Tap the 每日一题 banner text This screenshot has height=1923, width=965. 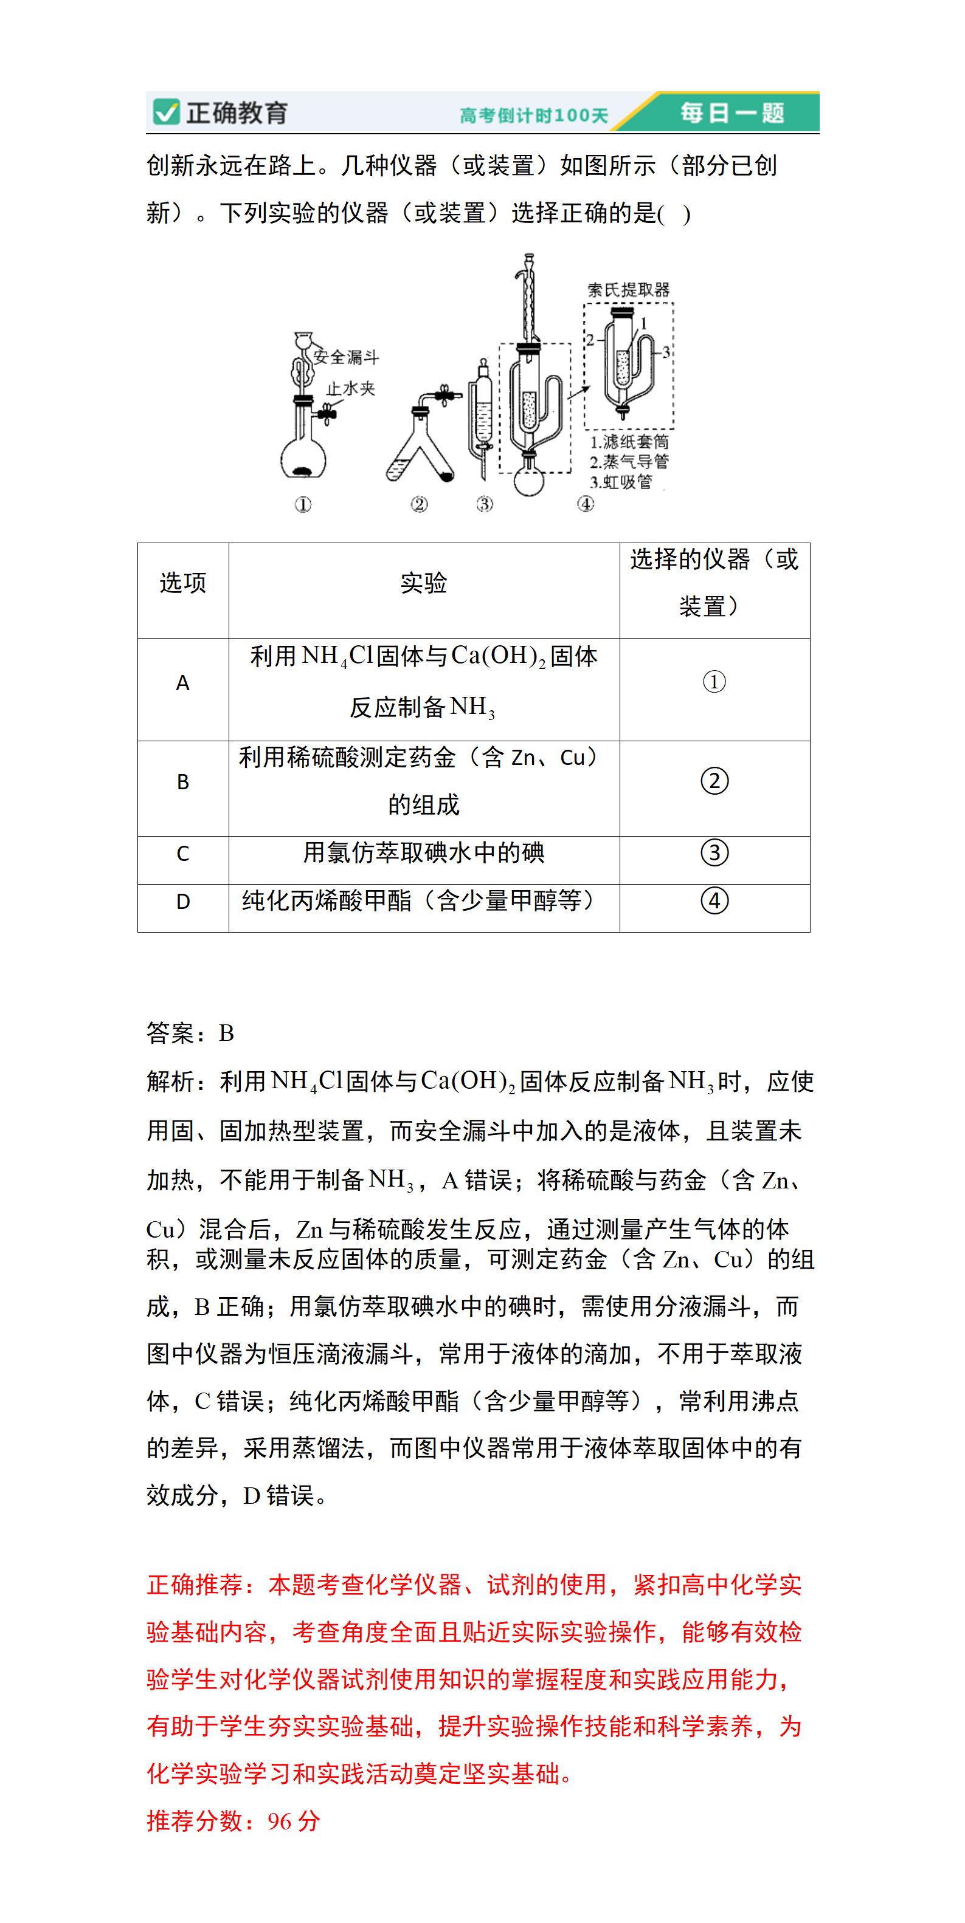pyautogui.click(x=732, y=113)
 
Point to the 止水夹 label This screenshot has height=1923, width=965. pyautogui.click(x=350, y=388)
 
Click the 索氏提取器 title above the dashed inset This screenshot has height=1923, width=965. pyautogui.click(x=628, y=290)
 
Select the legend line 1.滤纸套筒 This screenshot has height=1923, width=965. pyautogui.click(x=629, y=442)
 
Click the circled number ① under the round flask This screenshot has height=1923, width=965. pyautogui.click(x=302, y=506)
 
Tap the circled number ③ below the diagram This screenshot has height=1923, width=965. pyautogui.click(x=485, y=505)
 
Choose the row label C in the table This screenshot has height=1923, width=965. pyautogui.click(x=183, y=853)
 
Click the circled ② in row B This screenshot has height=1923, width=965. pyautogui.click(x=714, y=781)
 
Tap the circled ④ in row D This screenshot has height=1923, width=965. pyautogui.click(x=714, y=900)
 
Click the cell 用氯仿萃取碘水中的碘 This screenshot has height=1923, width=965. pyautogui.click(x=423, y=852)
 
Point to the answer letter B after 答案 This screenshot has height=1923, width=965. pyautogui.click(x=226, y=1033)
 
